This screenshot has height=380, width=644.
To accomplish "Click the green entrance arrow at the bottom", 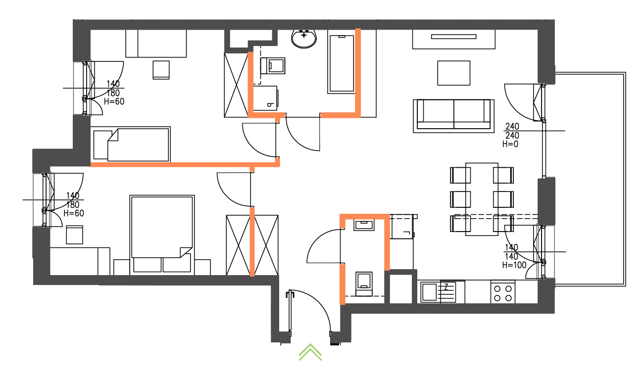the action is point(310,352).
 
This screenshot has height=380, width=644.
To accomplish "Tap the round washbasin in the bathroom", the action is point(304,39).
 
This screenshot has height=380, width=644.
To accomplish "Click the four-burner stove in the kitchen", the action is point(503,292).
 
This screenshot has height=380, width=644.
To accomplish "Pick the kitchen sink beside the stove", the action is point(438,292).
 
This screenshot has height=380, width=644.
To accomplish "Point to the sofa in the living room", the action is point(454,116).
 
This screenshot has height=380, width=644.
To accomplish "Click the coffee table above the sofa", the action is point(454,73).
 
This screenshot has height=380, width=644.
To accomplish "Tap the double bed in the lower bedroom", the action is point(162,235).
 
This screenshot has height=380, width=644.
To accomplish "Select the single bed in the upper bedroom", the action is point(131,144).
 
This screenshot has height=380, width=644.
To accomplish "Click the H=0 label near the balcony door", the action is point(510,144).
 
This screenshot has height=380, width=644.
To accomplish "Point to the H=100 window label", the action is point(514,265).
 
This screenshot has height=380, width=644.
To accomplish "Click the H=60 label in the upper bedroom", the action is point(114,101).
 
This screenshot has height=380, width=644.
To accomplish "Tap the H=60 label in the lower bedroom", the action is point(74,213).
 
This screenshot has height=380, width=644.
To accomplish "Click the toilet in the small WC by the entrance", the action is point(364,284).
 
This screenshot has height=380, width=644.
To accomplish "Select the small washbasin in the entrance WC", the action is point(364,225).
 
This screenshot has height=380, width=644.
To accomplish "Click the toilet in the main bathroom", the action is point(273,66).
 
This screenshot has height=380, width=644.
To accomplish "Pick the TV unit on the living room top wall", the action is point(454,40).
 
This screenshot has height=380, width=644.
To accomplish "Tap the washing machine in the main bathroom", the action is point(265,98).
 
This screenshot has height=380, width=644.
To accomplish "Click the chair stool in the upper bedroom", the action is point(161,70).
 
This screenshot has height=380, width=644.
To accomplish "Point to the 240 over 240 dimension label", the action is point(512,131).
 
